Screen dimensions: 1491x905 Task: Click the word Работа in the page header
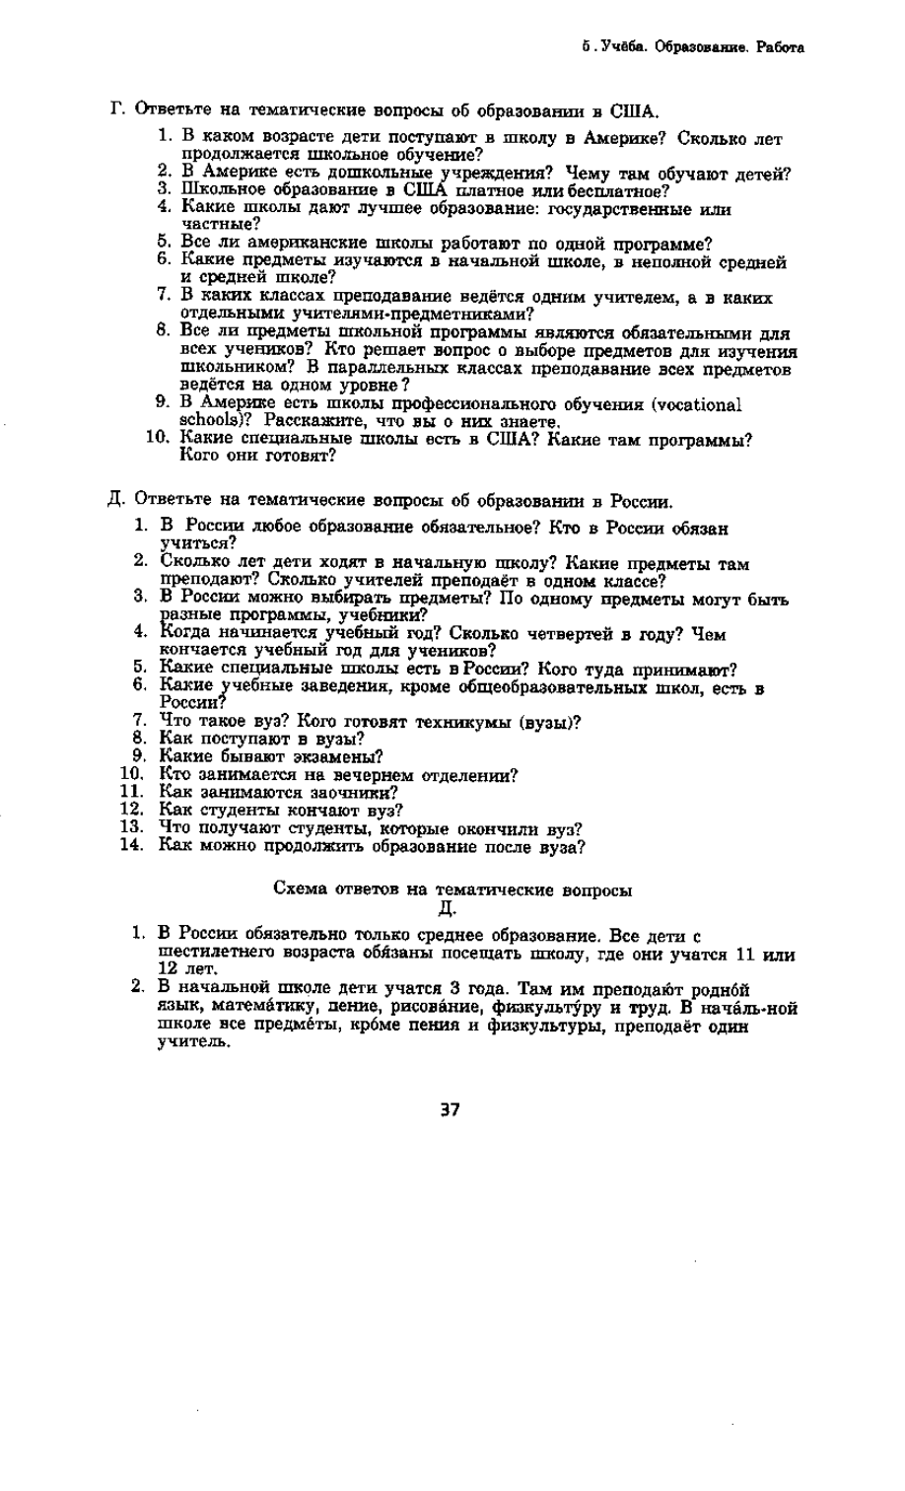pos(780,46)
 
